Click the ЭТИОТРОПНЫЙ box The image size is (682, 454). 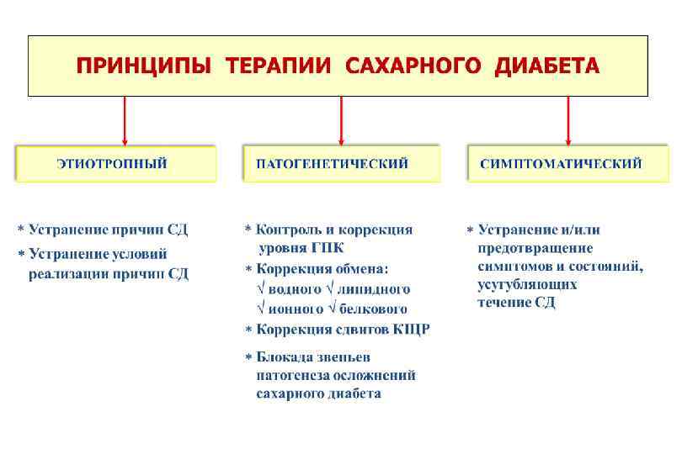pos(115,163)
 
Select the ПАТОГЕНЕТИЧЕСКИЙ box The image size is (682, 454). pos(341,163)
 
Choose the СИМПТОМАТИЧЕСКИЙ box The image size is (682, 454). pos(567,163)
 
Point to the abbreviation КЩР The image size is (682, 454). pos(411,330)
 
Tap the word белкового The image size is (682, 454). pos(373,309)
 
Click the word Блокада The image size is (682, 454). pos(284,356)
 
